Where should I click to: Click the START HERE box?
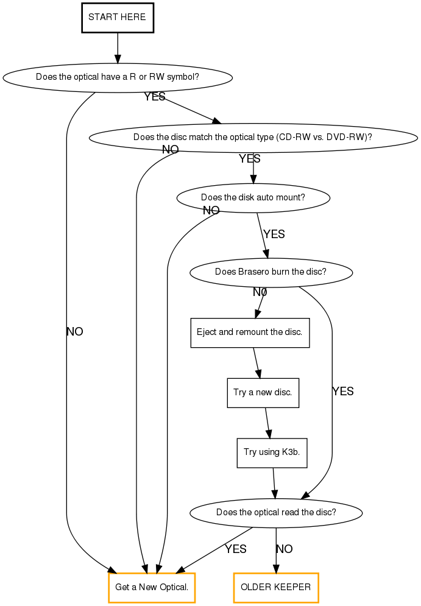(117, 17)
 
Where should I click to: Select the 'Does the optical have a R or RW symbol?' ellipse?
(118, 77)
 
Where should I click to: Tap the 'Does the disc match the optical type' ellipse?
(253, 137)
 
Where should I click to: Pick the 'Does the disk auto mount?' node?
(253, 198)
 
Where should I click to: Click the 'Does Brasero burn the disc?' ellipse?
(271, 272)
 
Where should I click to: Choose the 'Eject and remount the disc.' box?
(250, 333)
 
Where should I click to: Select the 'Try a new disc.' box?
(263, 392)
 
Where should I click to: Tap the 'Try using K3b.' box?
(272, 453)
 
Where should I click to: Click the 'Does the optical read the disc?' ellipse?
(276, 512)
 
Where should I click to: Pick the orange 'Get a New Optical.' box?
(152, 588)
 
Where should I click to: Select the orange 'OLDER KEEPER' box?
(276, 588)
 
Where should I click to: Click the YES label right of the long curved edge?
(343, 392)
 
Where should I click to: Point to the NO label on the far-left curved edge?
(74, 332)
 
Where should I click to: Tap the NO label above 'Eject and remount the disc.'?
(260, 292)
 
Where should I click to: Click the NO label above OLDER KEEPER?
(284, 549)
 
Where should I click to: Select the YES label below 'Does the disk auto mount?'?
(274, 234)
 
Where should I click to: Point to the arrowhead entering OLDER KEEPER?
(276, 569)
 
